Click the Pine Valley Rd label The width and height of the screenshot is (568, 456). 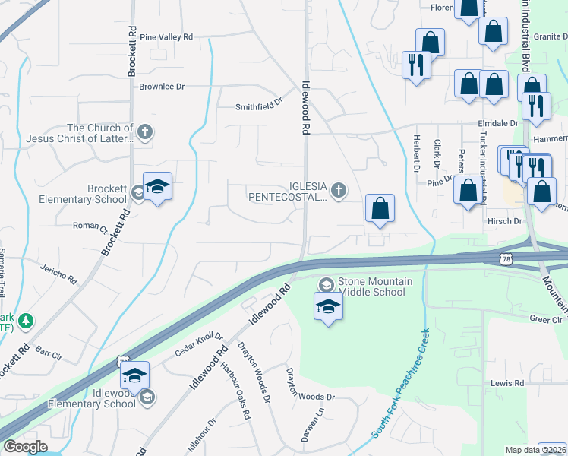coord(166,36)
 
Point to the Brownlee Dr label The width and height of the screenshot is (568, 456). coord(162,87)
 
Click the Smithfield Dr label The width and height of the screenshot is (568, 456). coord(258,106)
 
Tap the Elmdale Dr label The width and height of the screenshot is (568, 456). coord(498,122)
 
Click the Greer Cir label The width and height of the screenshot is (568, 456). coord(545,320)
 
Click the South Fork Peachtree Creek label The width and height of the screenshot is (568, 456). coord(402,382)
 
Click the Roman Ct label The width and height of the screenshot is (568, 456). coord(90,226)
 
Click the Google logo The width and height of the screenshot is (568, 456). coord(25,447)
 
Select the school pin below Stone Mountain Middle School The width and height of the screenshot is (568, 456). coord(328,307)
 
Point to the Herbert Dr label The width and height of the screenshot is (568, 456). coord(416,154)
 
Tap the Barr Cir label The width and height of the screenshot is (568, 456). coord(48,354)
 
